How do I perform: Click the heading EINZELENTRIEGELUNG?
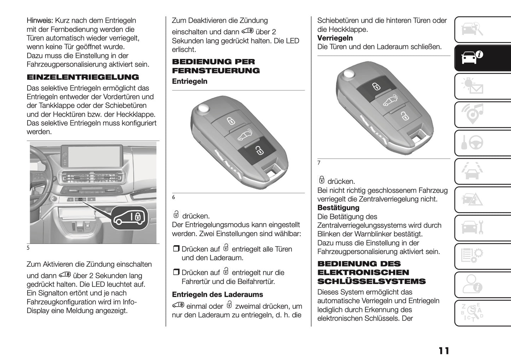point(83,77)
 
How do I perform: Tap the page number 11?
point(444,350)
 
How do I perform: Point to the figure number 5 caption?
point(28,248)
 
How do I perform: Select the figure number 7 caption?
point(319,163)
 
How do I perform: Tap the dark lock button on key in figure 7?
point(376,86)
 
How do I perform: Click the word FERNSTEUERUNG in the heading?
point(216,70)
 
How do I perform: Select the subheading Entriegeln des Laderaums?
point(217,295)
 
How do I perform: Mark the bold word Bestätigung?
point(338,208)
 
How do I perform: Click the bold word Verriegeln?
point(335,38)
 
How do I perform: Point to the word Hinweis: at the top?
point(40,21)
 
